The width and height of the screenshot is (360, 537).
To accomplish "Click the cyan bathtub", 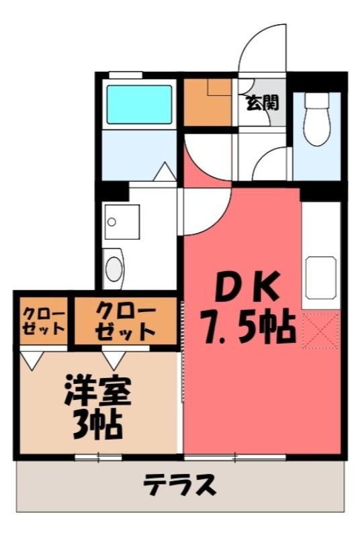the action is click(139, 105).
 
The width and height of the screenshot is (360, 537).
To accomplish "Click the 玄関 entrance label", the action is click(263, 103).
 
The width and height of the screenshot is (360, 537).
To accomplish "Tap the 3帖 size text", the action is click(97, 425).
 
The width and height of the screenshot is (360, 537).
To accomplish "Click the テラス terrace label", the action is click(179, 485).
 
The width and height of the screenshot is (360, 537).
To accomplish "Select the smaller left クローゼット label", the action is click(43, 321).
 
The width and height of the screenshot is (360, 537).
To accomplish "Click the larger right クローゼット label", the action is click(126, 321).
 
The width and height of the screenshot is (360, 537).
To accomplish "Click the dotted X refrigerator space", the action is click(320, 330).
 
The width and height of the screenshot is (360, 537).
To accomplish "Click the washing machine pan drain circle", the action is click(111, 222).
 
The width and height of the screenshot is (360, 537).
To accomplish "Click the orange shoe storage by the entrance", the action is click(208, 103).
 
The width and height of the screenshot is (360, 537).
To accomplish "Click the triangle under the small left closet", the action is click(32, 360).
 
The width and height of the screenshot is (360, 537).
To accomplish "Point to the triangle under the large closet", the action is click(114, 360).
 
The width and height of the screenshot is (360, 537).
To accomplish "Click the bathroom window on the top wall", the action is click(126, 75).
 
